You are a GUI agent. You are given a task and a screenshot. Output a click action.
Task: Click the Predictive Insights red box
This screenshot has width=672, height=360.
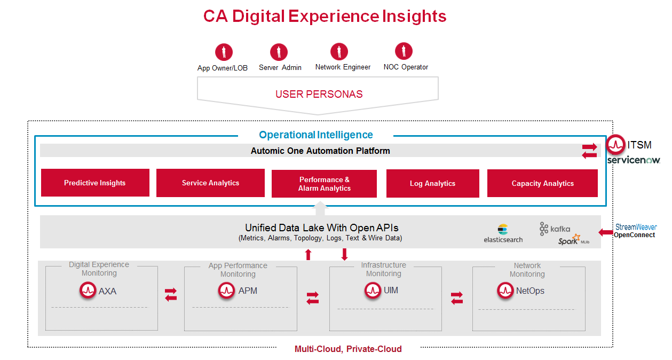pyautogui.click(x=95, y=183)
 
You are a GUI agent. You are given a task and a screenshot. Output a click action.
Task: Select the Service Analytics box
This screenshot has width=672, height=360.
pyautogui.click(x=210, y=183)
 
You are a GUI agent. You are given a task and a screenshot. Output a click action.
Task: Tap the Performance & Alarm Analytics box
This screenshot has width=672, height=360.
pyautogui.click(x=325, y=184)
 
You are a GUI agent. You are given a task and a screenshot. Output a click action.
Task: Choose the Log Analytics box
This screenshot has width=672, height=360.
pyautogui.click(x=432, y=183)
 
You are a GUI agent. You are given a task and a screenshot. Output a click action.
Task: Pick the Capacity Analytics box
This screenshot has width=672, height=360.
pyautogui.click(x=542, y=183)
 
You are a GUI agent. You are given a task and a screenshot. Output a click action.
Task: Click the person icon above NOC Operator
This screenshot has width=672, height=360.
pyautogui.click(x=404, y=51)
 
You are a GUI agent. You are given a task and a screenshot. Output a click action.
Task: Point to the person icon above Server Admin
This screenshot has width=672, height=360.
pyautogui.click(x=279, y=52)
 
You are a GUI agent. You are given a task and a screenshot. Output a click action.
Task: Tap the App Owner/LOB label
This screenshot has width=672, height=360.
pyautogui.click(x=223, y=68)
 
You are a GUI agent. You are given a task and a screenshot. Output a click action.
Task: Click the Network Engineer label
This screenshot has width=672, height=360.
pyautogui.click(x=343, y=67)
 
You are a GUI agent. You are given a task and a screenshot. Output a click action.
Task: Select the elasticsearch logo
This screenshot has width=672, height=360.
pyautogui.click(x=503, y=234)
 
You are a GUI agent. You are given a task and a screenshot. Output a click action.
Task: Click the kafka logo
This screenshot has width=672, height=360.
pyautogui.click(x=555, y=229)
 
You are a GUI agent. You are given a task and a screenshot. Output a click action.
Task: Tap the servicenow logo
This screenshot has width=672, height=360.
pyautogui.click(x=634, y=160)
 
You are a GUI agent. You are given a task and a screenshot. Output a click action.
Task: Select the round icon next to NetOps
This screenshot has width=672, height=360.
pyautogui.click(x=505, y=291)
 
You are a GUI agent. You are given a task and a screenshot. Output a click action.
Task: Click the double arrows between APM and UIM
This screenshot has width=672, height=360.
pyautogui.click(x=312, y=298)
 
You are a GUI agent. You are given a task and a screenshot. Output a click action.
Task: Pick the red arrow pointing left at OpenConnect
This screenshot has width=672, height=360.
pyautogui.click(x=605, y=232)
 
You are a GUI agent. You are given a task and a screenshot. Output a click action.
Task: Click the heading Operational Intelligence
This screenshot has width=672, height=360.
pyautogui.click(x=316, y=135)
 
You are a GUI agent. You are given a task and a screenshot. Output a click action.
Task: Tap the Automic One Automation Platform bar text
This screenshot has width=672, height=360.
pyautogui.click(x=320, y=151)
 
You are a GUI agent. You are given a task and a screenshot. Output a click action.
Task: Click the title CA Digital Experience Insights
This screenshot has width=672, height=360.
pyautogui.click(x=325, y=16)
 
